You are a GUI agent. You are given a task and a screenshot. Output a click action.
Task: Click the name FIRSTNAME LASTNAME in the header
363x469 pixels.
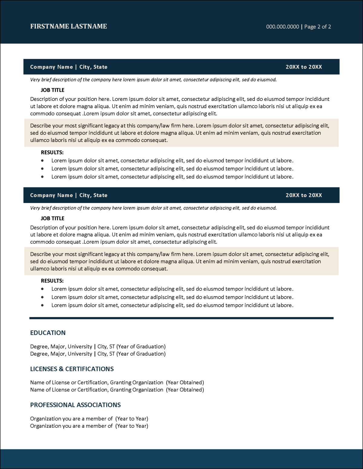68,26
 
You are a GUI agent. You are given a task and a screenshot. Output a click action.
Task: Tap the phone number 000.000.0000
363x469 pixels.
282,27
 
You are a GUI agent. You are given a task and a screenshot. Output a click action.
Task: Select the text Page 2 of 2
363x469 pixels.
317,27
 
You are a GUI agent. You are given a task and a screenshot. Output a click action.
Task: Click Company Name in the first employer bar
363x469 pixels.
51,67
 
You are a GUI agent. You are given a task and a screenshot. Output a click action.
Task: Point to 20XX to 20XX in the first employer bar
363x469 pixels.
304,67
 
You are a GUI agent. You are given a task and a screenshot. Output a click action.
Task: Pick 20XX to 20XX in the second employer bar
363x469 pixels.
304,195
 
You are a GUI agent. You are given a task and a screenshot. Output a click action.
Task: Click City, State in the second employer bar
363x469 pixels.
93,195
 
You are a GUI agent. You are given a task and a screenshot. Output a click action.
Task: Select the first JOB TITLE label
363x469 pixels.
53,90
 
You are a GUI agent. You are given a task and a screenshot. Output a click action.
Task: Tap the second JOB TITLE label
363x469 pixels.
53,218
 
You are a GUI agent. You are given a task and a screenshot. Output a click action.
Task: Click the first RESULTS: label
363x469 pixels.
52,152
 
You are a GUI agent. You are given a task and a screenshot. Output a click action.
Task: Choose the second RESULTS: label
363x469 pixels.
52,281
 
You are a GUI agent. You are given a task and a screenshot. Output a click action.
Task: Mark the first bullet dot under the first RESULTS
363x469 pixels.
42,160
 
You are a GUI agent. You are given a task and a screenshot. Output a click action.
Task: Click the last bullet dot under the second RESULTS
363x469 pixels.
42,305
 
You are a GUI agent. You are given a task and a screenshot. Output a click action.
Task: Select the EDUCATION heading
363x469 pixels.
48,333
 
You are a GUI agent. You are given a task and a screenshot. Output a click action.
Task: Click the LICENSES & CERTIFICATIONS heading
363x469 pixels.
72,369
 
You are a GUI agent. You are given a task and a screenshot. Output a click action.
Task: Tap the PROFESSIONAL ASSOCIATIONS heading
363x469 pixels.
75,405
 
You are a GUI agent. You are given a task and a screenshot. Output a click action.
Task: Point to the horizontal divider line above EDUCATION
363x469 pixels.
181,318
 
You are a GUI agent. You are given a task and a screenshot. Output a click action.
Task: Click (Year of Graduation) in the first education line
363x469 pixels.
141,346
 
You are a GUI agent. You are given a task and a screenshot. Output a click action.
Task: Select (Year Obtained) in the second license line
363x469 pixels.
185,390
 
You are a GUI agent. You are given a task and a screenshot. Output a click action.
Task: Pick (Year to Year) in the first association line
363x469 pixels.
132,419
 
